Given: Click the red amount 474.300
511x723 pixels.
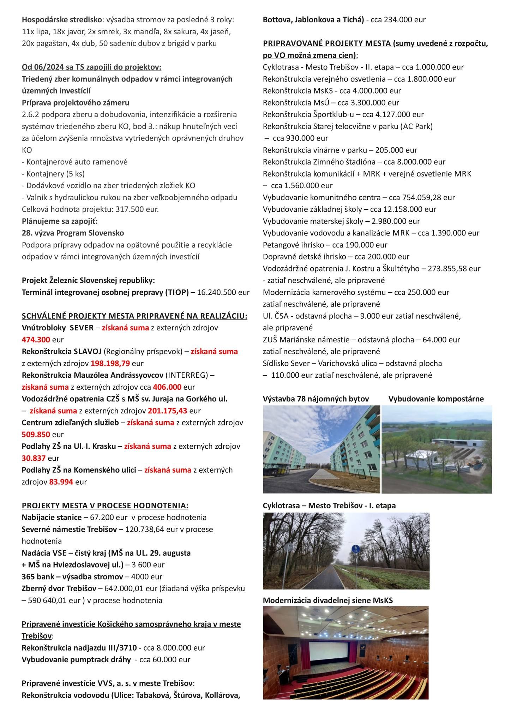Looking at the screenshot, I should click(x=36, y=340).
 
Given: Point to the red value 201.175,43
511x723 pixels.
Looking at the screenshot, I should click(x=167, y=411).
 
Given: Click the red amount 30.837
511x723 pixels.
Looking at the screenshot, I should click(x=34, y=458).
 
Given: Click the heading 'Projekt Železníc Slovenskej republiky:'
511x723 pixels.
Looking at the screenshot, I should click(x=88, y=281).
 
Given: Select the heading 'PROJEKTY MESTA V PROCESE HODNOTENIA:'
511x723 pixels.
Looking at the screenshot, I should click(x=105, y=506).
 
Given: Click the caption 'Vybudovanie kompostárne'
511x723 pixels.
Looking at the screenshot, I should click(x=436, y=399).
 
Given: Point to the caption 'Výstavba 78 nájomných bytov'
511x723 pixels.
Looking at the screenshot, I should click(x=315, y=399).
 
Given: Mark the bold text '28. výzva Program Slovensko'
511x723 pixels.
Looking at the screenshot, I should click(x=73, y=233).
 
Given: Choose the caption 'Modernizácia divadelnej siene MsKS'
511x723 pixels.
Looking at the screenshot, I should click(x=328, y=600).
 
